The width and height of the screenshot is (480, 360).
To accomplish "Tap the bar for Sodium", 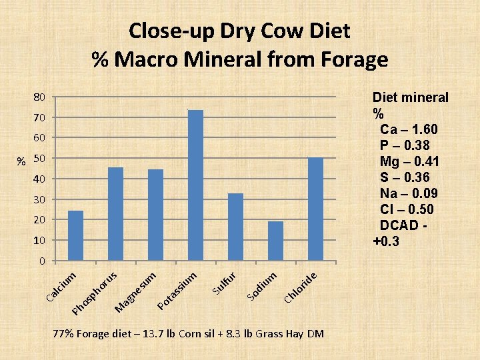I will click(x=275, y=241).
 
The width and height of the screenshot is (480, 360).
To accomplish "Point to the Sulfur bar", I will click(x=235, y=227).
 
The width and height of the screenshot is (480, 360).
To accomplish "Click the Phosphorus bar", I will click(x=115, y=214).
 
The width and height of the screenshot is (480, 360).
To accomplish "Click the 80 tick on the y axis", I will click(x=40, y=97).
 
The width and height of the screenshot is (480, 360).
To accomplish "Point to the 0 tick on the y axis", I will click(x=42, y=261).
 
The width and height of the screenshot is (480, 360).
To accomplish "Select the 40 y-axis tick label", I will click(x=40, y=179).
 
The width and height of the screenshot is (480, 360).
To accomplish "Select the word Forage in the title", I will click(x=347, y=60).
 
